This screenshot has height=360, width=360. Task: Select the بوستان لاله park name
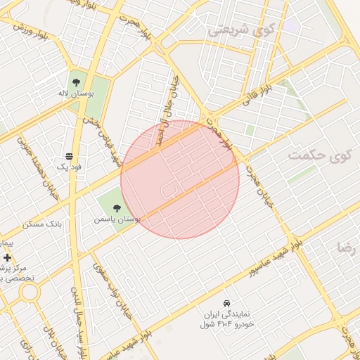[x=75, y=92]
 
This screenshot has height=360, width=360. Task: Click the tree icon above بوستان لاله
[x=75, y=81]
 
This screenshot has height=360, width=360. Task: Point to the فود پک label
[x=70, y=167]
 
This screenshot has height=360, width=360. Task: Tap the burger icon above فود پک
[x=69, y=156]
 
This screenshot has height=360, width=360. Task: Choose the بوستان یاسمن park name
[x=117, y=219]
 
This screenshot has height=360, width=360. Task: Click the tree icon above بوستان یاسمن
[x=117, y=207]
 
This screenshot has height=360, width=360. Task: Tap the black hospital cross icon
[x=8, y=258]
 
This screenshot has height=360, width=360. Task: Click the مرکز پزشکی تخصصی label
[x=15, y=273]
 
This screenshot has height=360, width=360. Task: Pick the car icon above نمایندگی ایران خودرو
[x=226, y=302]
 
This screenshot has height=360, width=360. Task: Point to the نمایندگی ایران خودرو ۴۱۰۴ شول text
[x=226, y=319]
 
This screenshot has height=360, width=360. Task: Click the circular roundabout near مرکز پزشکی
[x=29, y=292]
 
